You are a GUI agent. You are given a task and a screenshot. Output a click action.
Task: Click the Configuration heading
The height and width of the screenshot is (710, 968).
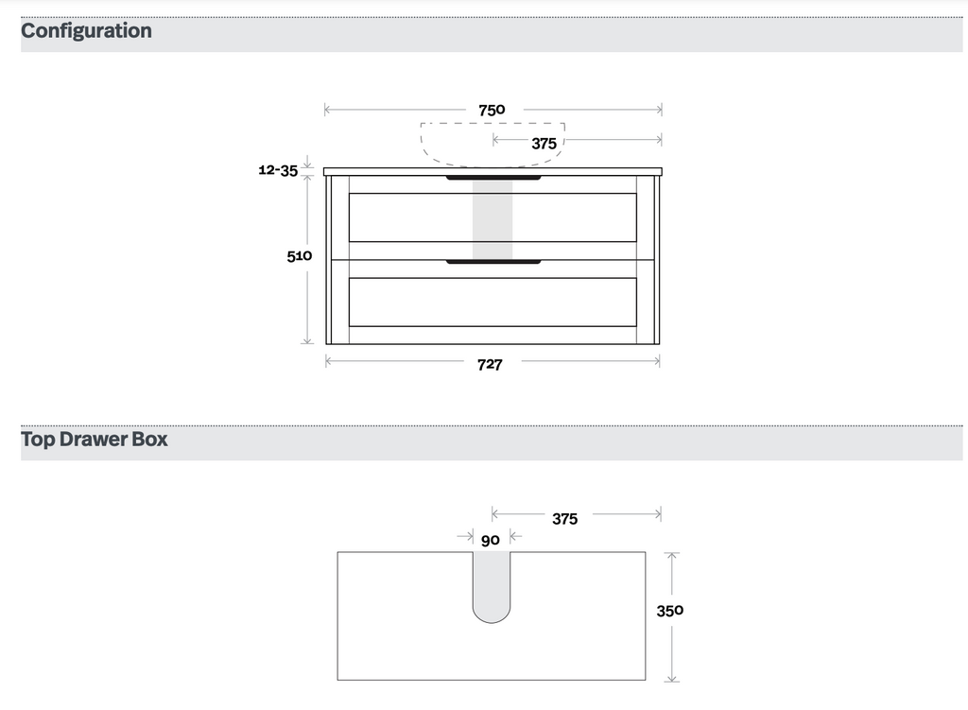tap(86, 31)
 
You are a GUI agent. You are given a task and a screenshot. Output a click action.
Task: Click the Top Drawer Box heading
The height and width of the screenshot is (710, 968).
tap(95, 439)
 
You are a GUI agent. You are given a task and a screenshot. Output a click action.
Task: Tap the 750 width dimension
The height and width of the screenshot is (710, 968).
tap(492, 110)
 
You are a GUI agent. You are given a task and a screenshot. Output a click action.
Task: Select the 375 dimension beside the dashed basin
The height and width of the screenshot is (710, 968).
tap(544, 144)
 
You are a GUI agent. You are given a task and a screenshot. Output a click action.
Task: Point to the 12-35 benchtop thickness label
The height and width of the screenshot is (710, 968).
tap(278, 170)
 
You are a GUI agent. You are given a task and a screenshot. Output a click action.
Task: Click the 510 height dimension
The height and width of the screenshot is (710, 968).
tap(300, 255)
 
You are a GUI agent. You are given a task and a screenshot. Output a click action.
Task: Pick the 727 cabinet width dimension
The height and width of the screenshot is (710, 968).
tap(491, 365)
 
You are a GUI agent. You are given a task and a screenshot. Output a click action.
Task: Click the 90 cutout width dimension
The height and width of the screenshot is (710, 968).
tap(491, 540)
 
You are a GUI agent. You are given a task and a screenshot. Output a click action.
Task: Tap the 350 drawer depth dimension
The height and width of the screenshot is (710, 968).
tap(670, 611)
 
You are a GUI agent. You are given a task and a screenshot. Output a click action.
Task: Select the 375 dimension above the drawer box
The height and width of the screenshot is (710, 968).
tap(565, 519)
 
